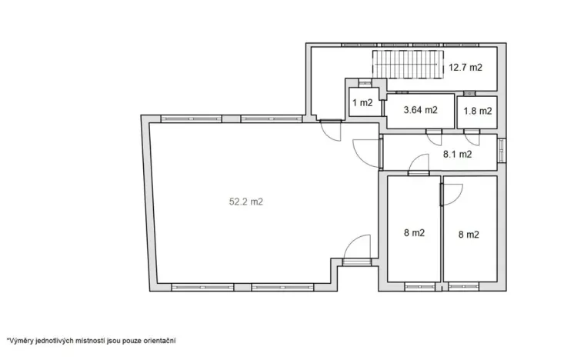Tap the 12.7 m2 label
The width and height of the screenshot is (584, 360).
[465, 68]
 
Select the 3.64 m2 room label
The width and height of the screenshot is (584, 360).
[421, 110]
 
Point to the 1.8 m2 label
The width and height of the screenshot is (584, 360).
[477, 111]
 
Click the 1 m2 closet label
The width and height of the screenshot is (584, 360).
[362, 103]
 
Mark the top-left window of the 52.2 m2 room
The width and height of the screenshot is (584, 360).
[192, 119]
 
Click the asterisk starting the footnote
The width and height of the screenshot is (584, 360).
[8, 338]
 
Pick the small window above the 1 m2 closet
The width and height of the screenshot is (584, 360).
[362, 79]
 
